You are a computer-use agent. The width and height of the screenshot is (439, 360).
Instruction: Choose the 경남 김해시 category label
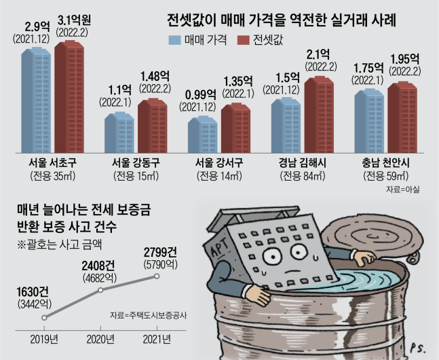pos(302,164)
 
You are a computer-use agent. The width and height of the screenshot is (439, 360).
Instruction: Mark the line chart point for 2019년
pos(45,317)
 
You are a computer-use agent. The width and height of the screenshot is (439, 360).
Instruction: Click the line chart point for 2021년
pos(157,276)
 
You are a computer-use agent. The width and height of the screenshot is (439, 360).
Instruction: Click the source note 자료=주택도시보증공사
pos(147,315)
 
